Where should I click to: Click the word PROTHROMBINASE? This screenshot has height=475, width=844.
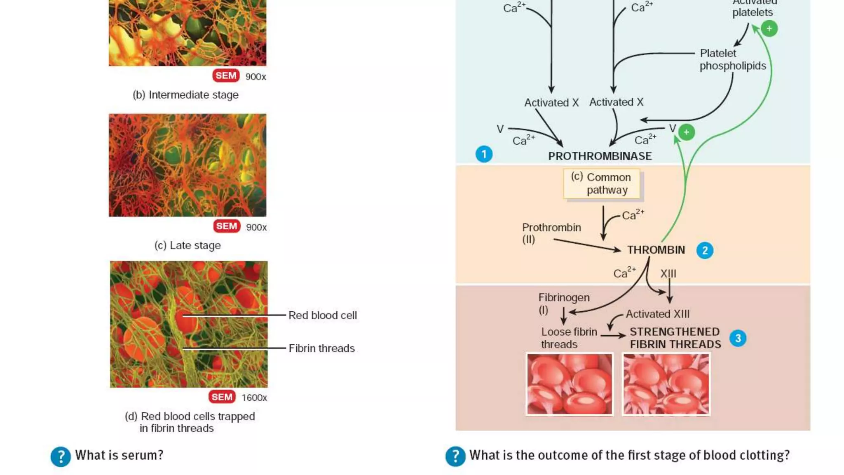[x=600, y=156]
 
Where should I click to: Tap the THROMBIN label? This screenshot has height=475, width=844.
[x=656, y=250]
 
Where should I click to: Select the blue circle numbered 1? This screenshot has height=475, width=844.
[x=484, y=154]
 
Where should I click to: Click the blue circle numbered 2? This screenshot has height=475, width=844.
[x=705, y=250]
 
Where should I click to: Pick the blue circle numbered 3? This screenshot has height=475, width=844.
[x=738, y=339]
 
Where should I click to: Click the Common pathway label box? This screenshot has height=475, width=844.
[x=602, y=183]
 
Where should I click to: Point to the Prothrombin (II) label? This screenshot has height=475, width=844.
[x=551, y=233]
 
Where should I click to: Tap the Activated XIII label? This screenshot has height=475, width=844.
[x=657, y=314]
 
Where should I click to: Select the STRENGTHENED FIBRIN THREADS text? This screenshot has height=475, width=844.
[x=675, y=338]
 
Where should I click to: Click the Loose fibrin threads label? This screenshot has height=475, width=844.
[x=569, y=338]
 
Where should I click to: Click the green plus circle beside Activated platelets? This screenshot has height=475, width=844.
[x=769, y=28]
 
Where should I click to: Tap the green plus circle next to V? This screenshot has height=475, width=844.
[x=686, y=132]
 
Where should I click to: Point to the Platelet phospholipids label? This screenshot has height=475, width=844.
[x=732, y=59]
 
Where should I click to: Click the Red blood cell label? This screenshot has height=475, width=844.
[x=322, y=315]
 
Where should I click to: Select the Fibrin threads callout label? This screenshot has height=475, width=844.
[x=321, y=348]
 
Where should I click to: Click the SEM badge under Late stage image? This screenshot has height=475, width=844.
[x=226, y=226]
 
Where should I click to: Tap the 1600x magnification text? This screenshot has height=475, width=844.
[x=254, y=397]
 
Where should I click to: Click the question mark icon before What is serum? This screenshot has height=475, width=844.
[x=61, y=456]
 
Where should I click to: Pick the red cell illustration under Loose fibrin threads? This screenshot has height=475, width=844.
[x=570, y=384]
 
